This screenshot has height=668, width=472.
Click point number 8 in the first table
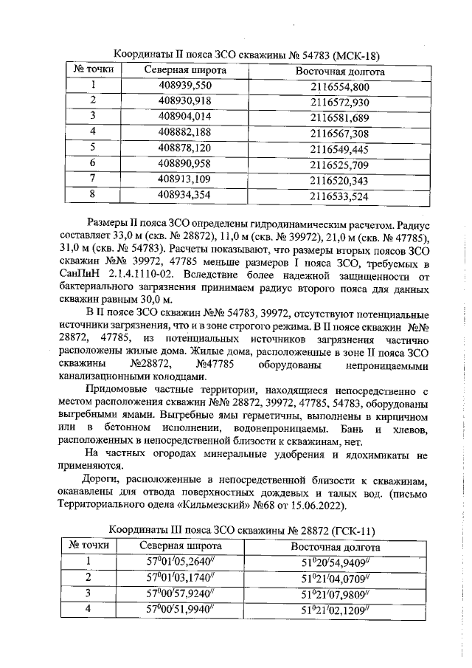(x=94, y=195)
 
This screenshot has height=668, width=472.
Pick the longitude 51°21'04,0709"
(x=336, y=578)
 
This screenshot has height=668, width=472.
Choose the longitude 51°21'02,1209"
(x=336, y=610)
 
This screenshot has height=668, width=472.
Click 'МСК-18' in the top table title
(x=357, y=55)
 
